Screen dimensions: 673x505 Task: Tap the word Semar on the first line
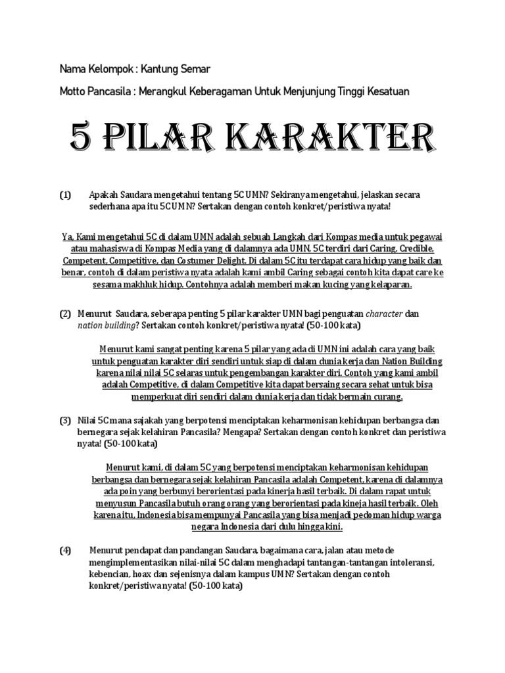[x=195, y=68]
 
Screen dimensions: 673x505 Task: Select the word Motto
[x=73, y=91]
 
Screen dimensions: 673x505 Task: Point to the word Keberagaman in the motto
[x=222, y=91]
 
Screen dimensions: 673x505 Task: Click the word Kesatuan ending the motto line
[x=387, y=91]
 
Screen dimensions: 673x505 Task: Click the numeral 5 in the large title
[x=82, y=139]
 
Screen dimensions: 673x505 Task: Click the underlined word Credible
[x=421, y=250]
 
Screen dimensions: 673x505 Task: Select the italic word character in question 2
[x=385, y=314]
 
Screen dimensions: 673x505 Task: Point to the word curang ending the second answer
[x=386, y=398]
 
